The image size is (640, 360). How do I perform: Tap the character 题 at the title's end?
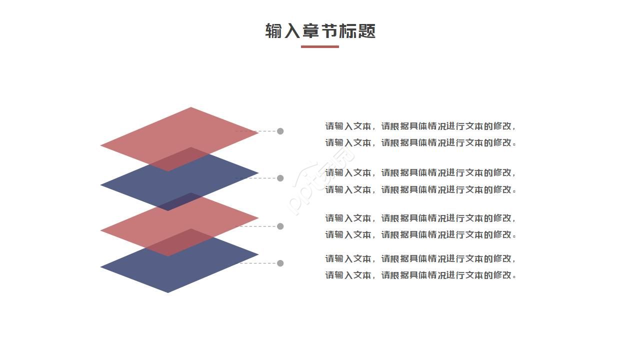click(x=366, y=31)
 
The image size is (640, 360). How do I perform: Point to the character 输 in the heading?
click(x=274, y=31)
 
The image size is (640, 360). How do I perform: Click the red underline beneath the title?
click(x=319, y=46)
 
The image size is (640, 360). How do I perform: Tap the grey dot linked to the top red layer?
click(x=280, y=131)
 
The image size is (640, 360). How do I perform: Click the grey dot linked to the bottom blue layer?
click(x=280, y=263)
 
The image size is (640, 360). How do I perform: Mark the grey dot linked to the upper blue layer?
click(x=280, y=178)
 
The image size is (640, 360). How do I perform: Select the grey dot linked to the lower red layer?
click(x=280, y=226)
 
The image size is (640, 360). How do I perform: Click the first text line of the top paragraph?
click(x=420, y=126)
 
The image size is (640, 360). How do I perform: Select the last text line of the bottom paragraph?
click(x=420, y=275)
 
